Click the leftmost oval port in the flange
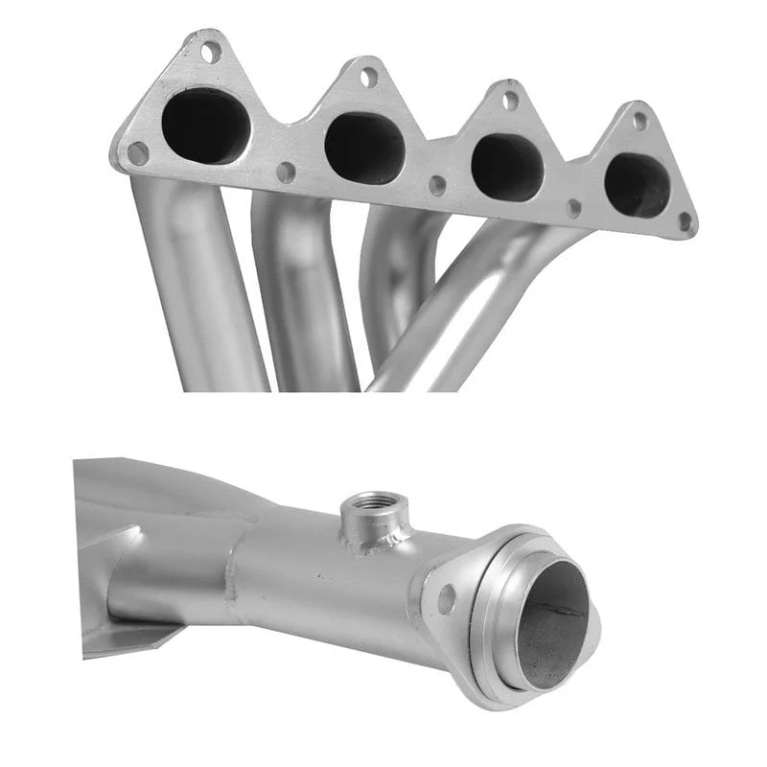pyautogui.click(x=205, y=127)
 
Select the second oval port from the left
pyautogui.click(x=363, y=148)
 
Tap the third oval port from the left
pyautogui.click(x=507, y=167)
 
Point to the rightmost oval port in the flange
pyautogui.click(x=638, y=184)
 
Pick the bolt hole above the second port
pyautogui.click(x=368, y=78)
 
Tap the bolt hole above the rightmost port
pyautogui.click(x=639, y=122)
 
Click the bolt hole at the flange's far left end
pyautogui.click(x=138, y=153)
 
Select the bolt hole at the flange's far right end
pyautogui.click(x=685, y=222)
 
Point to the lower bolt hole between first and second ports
pyautogui.click(x=285, y=173)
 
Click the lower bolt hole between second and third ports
pyautogui.click(x=437, y=187)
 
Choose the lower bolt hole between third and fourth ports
pyautogui.click(x=574, y=208)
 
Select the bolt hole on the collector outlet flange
pyautogui.click(x=446, y=600)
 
